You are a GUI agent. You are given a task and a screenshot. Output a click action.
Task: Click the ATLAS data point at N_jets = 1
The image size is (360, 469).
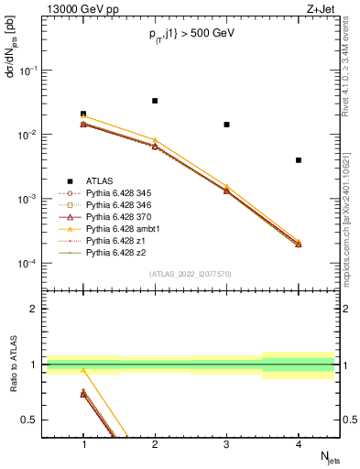83,115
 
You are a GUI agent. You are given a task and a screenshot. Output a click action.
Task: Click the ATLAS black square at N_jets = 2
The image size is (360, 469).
155,101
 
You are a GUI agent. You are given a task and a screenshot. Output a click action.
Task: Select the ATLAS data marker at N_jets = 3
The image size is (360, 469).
226,125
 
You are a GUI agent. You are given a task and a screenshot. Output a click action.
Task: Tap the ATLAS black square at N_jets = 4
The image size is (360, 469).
298,160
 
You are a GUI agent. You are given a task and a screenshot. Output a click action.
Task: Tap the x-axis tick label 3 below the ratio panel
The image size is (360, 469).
226,444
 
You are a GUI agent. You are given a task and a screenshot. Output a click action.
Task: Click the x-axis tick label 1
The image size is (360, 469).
83,444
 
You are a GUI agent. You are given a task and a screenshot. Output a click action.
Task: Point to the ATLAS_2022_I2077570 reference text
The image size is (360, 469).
191,274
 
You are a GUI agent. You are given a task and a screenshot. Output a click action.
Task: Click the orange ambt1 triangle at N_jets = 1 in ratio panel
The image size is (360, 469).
83,370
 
